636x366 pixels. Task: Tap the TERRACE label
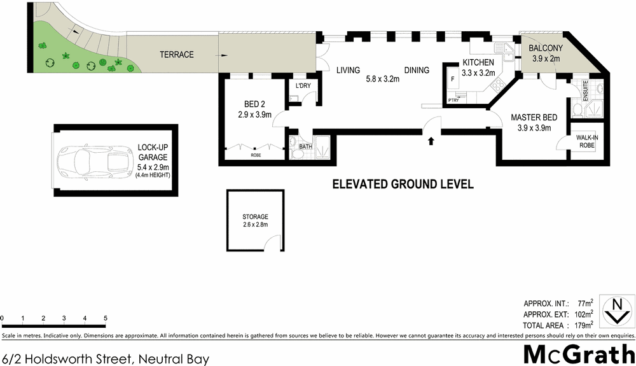(x=176, y=55)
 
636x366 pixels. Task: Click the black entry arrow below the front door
(x=432, y=141)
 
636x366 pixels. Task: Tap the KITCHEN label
(x=478, y=62)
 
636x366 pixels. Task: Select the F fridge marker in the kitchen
(x=452, y=80)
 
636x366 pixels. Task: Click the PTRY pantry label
(x=454, y=100)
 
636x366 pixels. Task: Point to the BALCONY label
(x=547, y=48)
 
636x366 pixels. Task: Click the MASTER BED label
(x=534, y=118)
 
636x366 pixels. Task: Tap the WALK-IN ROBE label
(x=586, y=141)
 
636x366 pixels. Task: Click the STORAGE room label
(x=254, y=216)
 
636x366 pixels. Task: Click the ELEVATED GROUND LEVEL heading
(x=403, y=185)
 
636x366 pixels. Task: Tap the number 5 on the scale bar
(x=105, y=318)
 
